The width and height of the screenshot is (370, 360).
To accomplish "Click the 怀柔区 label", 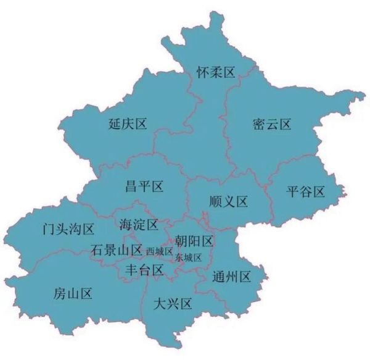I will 216,73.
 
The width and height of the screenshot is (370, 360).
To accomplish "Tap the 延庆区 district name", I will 127,125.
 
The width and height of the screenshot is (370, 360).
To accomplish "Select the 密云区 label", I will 272,125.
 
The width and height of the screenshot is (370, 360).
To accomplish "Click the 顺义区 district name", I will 228,201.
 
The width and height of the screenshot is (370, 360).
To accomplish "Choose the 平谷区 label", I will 306,191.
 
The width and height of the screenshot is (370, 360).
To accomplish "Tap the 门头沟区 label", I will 65,230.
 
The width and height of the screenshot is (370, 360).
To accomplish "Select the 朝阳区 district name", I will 194,240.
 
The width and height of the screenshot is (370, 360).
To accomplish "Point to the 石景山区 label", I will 117,251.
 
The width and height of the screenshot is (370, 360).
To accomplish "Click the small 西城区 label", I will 159,252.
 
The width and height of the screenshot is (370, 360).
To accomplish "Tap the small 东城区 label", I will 188,257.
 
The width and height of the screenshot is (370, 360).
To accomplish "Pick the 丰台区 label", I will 144,270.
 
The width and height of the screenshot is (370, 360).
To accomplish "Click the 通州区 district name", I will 231,276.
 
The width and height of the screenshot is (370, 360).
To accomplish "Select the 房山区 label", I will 73,293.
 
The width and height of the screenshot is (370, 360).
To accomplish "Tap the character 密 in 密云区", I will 260,125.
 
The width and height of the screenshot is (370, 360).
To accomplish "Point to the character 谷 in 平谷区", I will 306,191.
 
